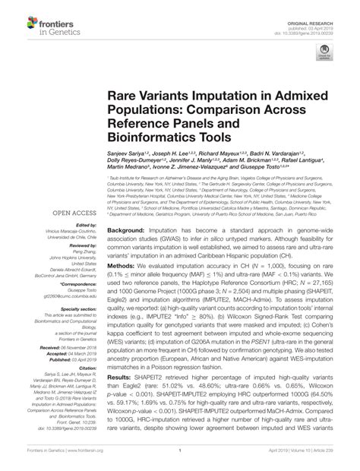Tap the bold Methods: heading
122,246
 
